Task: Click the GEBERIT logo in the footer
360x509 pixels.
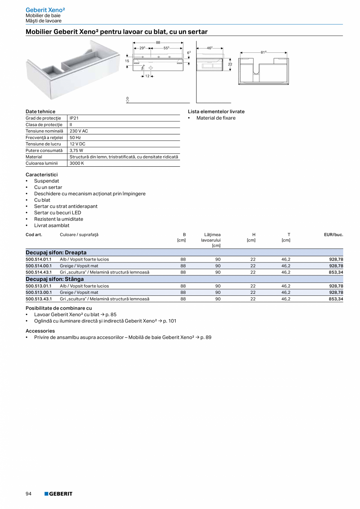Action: [58, 494]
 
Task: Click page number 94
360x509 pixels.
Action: [29, 494]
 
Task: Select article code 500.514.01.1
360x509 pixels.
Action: [39, 259]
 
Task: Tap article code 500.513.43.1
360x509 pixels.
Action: [39, 299]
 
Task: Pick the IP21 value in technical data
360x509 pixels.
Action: [74, 118]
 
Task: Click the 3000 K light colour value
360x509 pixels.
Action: [77, 163]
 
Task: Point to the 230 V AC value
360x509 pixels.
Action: [79, 131]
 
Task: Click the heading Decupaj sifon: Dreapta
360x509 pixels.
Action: [56, 252]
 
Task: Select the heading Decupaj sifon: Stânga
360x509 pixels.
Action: [54, 279]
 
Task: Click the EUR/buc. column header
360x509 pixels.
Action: [333, 235]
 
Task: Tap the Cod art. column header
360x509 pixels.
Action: [34, 235]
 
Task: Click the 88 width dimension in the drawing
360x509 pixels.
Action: [158, 42]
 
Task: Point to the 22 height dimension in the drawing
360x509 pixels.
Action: [230, 64]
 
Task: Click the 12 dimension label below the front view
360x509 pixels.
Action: [147, 76]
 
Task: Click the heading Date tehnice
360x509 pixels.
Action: [40, 112]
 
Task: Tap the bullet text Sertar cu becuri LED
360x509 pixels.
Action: [58, 212]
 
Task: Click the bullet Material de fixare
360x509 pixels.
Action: [216, 118]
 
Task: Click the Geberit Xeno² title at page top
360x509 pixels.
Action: [45, 9]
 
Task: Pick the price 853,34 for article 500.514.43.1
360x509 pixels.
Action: [335, 272]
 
